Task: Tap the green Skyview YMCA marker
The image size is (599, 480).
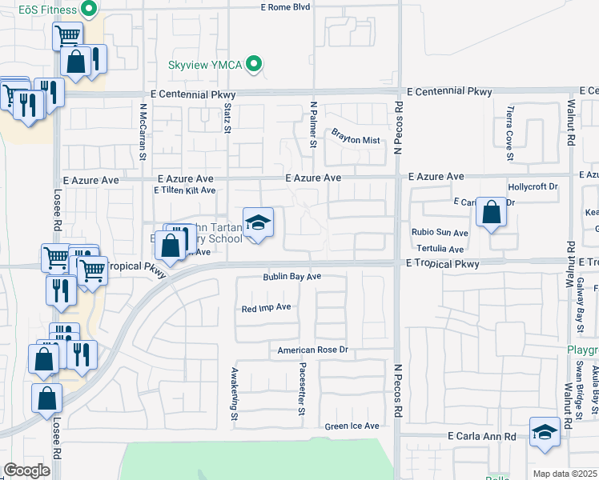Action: point(255,62)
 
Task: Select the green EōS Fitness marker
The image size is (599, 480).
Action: point(89,10)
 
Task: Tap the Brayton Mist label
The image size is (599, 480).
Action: point(356,139)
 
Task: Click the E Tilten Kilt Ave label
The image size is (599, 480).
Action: point(184,190)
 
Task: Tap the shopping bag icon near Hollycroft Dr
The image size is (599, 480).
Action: point(492,214)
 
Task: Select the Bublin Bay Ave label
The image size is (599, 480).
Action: point(292,277)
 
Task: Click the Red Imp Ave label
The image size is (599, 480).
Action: point(266,307)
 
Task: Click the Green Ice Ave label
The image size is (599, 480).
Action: point(352,426)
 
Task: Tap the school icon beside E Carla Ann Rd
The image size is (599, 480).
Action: point(545,432)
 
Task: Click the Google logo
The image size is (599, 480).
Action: point(26,470)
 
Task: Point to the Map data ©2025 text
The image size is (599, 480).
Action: point(565,474)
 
